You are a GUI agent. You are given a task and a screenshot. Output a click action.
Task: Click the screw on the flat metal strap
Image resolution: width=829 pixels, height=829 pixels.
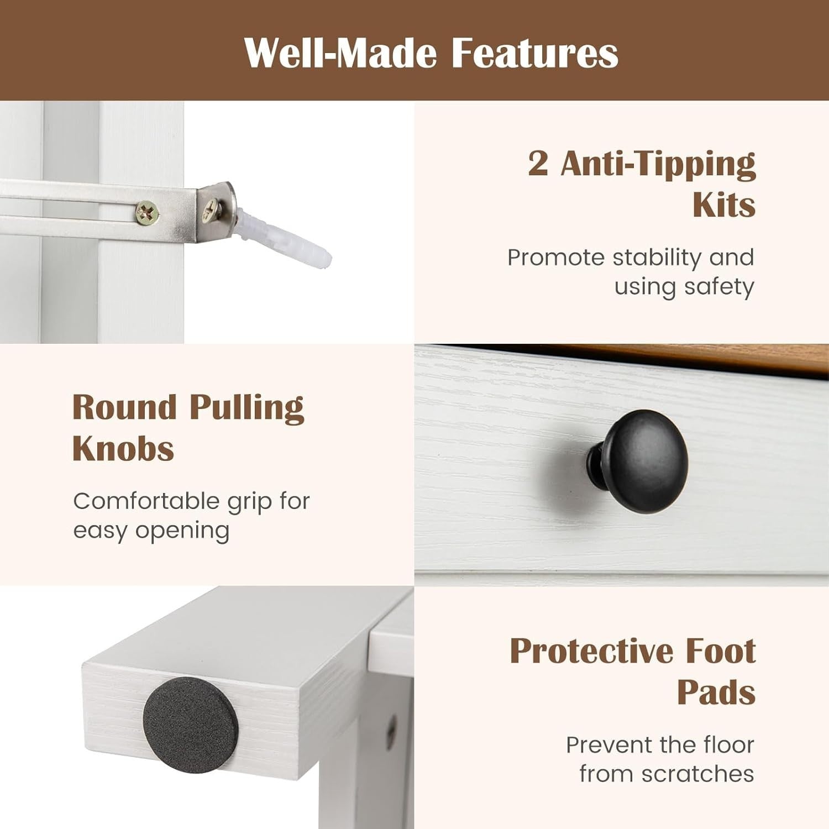coord(148,211)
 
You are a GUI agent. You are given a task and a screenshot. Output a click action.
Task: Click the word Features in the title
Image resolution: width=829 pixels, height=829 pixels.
coord(535,54)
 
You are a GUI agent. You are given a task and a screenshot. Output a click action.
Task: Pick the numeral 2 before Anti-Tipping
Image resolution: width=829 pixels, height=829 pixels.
coord(538,164)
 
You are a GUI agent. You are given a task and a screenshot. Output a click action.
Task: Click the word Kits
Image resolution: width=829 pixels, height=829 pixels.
coord(724,206)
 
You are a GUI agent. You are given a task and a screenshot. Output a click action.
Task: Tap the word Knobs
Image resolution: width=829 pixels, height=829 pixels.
coord(123,448)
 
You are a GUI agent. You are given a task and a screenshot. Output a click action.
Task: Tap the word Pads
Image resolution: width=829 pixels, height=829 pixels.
coord(716,692)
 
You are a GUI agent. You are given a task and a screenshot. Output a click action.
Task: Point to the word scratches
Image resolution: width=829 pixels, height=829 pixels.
coord(697,774)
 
